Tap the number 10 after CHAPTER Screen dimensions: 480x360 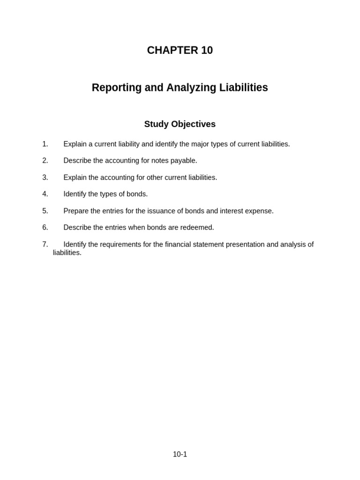pos(207,51)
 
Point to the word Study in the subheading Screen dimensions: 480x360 pos(156,124)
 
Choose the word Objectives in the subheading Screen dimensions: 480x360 pos(194,124)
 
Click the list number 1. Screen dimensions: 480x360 pos(45,144)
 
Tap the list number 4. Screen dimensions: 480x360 pos(45,194)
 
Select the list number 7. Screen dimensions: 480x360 pos(45,244)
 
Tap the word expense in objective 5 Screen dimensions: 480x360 pos(259,211)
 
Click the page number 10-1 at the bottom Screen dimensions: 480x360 pos(180,454)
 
